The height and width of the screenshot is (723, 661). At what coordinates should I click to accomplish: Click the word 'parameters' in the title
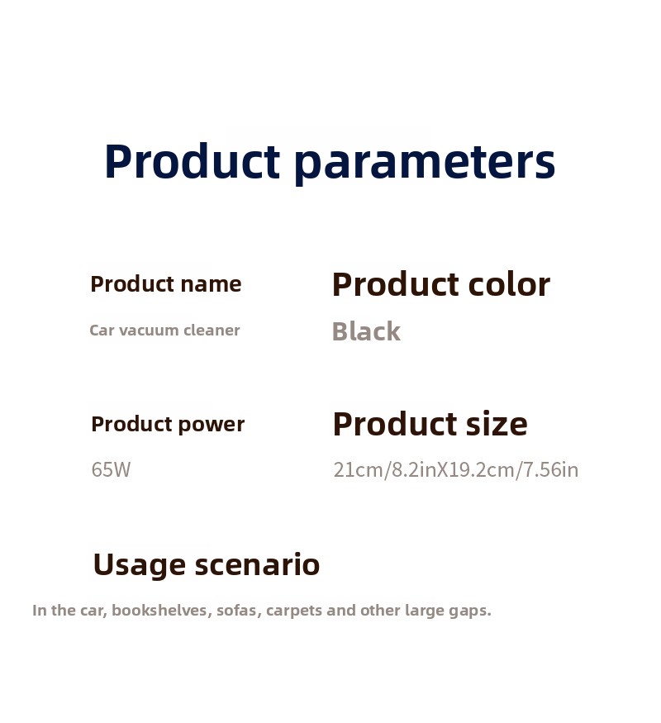pos(425,163)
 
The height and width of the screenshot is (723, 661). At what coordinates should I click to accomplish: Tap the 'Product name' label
pos(166,284)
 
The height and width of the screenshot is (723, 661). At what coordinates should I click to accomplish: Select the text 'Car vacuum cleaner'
pos(164,331)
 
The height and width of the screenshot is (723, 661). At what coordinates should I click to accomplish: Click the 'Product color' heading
pos(441,284)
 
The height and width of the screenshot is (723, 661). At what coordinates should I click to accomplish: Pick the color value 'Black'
pos(367,331)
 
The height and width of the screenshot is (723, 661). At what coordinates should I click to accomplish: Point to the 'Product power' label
pos(168,425)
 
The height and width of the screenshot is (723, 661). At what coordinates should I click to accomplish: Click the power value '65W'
pos(111,470)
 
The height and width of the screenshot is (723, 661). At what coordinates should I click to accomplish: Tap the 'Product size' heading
pos(430,424)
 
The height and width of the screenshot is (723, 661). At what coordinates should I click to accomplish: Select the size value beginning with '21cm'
pos(456,470)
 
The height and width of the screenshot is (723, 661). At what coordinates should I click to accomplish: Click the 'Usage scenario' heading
pos(207,565)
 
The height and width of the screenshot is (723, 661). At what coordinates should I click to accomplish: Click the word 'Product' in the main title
pos(193,161)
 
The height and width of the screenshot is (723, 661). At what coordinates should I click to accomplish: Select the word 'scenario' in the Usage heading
pos(257,565)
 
